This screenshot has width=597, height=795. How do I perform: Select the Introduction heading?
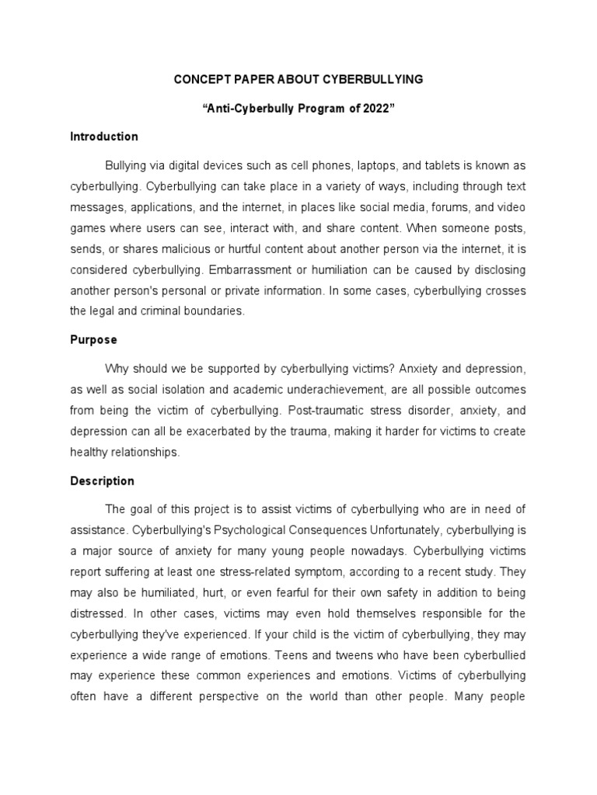(x=104, y=137)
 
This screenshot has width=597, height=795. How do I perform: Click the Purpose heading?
(x=93, y=340)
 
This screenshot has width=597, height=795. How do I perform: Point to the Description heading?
(x=102, y=481)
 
